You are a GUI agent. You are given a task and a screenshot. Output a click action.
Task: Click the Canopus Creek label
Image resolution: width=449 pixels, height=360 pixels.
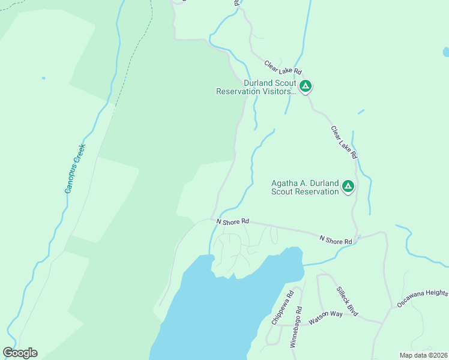(76, 169)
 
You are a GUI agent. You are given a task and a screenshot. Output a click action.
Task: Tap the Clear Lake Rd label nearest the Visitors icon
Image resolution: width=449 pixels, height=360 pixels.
(282, 67)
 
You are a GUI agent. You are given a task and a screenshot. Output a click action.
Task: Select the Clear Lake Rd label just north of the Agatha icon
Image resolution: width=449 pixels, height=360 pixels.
(345, 142)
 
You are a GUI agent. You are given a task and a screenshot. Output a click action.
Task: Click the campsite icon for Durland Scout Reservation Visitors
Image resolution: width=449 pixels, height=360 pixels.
(306, 86)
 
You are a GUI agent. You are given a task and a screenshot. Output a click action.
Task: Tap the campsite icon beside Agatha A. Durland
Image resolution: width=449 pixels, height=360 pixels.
(347, 187)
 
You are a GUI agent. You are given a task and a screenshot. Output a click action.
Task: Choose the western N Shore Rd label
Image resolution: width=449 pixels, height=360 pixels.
(232, 221)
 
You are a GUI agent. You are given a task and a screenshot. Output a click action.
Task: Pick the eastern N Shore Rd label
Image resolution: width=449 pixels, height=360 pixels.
(336, 240)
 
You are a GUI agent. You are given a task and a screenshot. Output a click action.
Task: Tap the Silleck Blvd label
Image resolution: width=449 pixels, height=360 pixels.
(347, 301)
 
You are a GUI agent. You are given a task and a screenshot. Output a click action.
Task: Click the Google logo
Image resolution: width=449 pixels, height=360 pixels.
(20, 353)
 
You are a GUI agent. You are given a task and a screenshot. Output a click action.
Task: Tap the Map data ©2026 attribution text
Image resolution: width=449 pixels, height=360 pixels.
(423, 355)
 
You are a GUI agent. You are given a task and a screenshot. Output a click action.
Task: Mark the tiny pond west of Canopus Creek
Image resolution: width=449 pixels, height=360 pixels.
(43, 78)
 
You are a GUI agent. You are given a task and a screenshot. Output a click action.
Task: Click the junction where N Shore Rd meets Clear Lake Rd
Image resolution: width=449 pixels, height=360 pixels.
(357, 237)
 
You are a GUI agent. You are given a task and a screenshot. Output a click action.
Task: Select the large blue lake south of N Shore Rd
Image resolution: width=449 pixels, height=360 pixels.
(222, 312)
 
